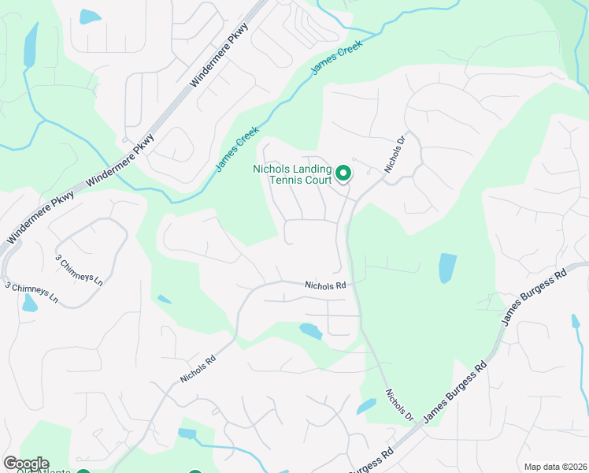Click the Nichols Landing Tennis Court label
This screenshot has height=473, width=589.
(x=293, y=176)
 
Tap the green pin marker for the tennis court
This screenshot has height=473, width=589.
(x=343, y=172)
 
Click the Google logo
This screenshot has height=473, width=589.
(x=26, y=464)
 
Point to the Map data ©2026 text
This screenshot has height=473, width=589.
(x=554, y=467)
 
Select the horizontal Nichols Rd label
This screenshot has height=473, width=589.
(x=326, y=285)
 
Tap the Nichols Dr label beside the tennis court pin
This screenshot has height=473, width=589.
(x=395, y=154)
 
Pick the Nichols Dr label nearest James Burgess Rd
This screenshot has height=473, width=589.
(x=399, y=403)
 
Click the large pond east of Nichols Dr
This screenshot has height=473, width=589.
(x=447, y=268)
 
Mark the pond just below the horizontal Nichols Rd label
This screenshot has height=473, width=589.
(x=310, y=331)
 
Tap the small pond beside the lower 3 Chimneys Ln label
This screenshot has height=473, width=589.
(x=29, y=304)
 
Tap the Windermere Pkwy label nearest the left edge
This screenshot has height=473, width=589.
(x=41, y=215)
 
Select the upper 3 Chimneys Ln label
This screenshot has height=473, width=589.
(x=79, y=269)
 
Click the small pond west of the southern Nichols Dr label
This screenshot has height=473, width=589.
(x=366, y=407)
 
